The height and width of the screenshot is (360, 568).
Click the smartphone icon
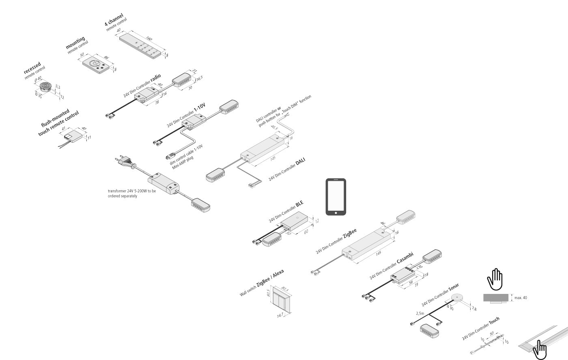click(x=336, y=197)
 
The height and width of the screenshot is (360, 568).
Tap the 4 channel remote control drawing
click(x=142, y=47)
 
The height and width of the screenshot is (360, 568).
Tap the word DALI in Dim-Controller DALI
click(x=301, y=162)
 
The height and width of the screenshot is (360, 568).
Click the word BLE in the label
click(x=299, y=204)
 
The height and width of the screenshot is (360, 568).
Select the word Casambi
click(x=405, y=258)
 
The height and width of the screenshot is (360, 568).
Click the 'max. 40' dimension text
click(x=521, y=298)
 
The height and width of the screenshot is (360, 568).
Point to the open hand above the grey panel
click(x=495, y=279)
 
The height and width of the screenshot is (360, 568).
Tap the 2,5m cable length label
click(x=420, y=313)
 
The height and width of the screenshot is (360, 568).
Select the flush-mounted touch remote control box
click(x=73, y=136)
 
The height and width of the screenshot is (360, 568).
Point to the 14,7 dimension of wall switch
click(x=280, y=315)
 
